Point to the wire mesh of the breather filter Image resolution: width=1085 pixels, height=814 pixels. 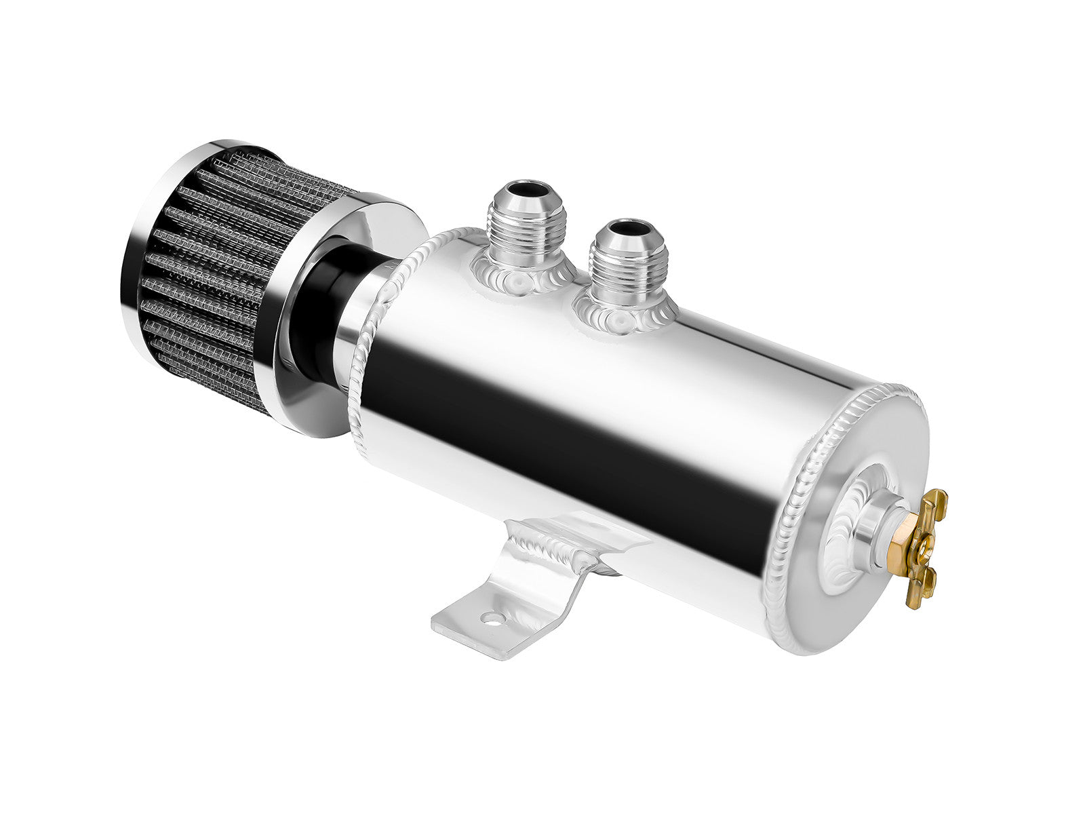click(x=203, y=285)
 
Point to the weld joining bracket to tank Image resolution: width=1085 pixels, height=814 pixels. click(x=556, y=549)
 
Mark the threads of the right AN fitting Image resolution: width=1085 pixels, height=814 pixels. click(x=620, y=268)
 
